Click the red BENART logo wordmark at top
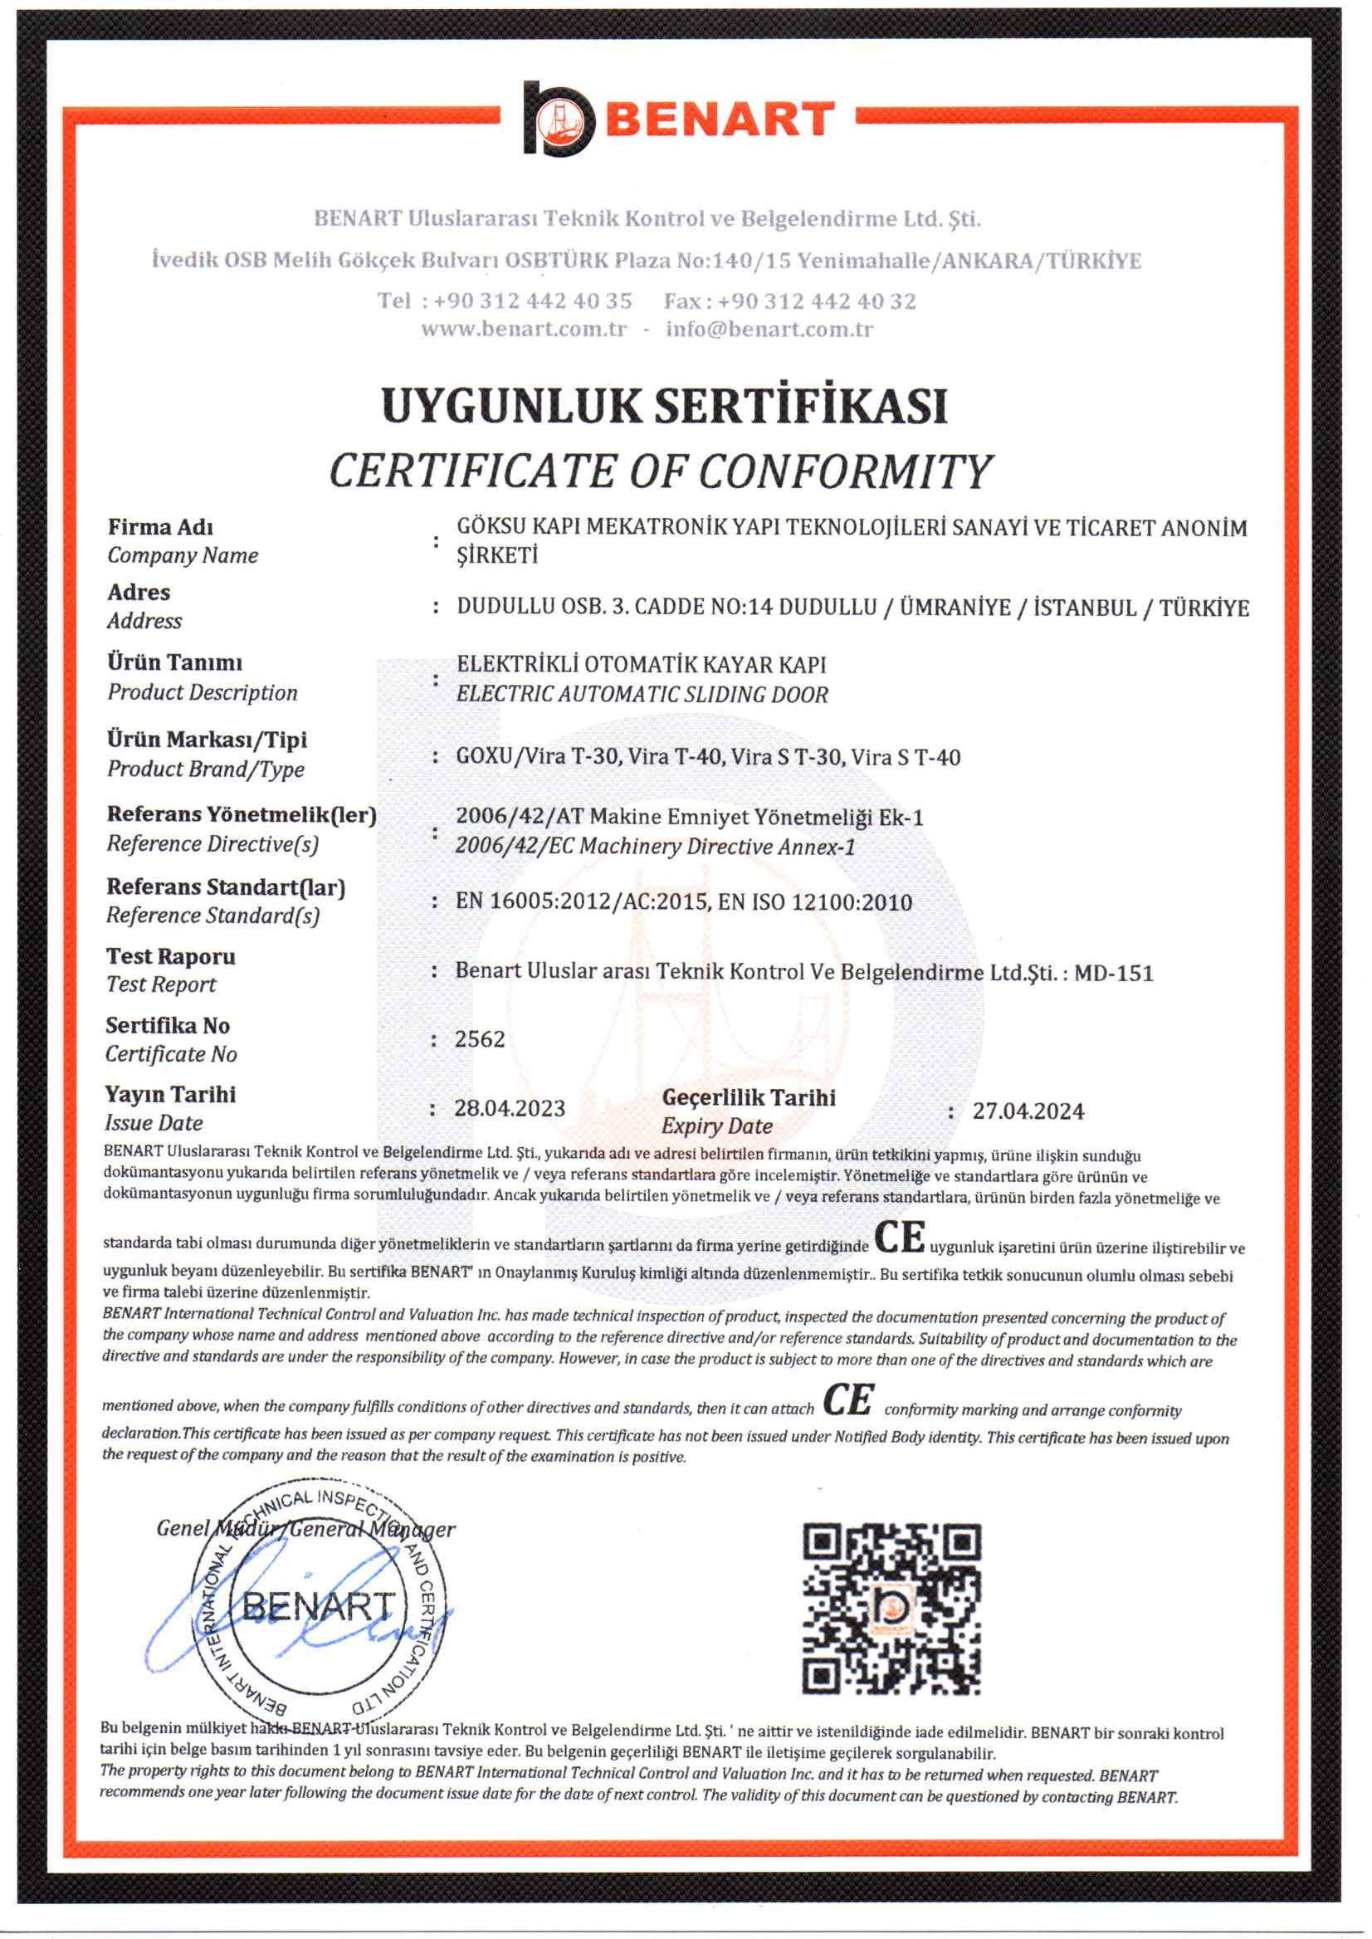pyautogui.click(x=720, y=120)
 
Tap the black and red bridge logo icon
pyautogui.click(x=559, y=120)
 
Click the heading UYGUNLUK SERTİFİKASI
pyautogui.click(x=664, y=407)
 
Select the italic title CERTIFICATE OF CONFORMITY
pyautogui.click(x=661, y=471)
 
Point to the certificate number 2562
pyautogui.click(x=480, y=1039)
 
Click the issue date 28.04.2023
pyautogui.click(x=510, y=1108)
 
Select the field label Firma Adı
pyautogui.click(x=160, y=527)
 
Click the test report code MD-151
pyautogui.click(x=1114, y=974)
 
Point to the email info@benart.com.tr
pyautogui.click(x=769, y=330)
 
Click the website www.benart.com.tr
pyautogui.click(x=524, y=330)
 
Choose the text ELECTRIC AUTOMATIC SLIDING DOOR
pyautogui.click(x=642, y=695)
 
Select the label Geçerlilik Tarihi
pyautogui.click(x=749, y=1097)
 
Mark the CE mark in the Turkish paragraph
pyautogui.click(x=899, y=1238)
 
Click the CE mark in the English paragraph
pyautogui.click(x=848, y=1400)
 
